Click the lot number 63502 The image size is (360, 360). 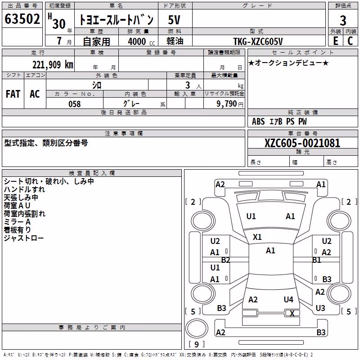22,19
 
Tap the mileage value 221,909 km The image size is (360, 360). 53,65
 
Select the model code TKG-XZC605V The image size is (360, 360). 258,41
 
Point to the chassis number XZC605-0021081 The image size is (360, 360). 302,143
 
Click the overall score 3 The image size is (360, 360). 343,20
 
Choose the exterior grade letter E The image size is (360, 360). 336,41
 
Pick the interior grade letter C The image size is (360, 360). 350,41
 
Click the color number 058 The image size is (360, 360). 75,104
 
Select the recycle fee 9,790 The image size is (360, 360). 227,104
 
